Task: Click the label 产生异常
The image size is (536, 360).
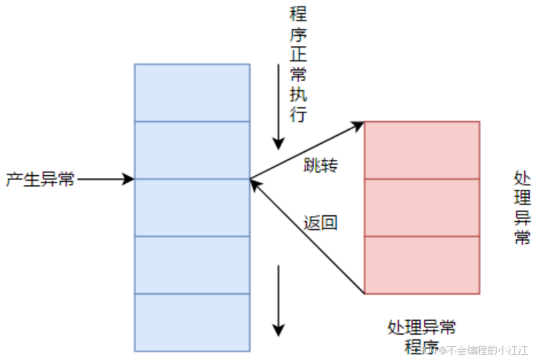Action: tap(40, 179)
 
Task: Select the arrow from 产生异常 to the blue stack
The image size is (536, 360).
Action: tap(105, 179)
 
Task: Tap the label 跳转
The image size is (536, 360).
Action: tap(321, 166)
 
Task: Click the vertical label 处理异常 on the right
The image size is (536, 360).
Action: tap(522, 207)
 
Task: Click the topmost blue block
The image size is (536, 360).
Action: tap(192, 93)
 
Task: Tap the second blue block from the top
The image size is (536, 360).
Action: tap(192, 150)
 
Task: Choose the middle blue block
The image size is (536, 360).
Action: tap(192, 207)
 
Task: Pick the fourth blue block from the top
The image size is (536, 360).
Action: tap(192, 264)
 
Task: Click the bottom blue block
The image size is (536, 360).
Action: tap(192, 321)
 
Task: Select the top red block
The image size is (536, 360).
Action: tap(422, 150)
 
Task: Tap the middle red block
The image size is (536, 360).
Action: tap(422, 207)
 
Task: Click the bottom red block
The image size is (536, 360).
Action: tap(422, 264)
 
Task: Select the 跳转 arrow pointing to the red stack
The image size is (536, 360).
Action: tap(307, 150)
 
